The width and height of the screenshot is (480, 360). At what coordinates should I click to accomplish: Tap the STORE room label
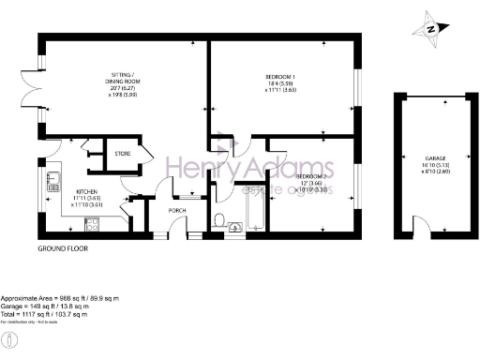click(122, 153)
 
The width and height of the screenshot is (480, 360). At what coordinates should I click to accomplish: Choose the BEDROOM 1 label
click(280, 76)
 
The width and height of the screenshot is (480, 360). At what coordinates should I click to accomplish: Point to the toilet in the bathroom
click(217, 221)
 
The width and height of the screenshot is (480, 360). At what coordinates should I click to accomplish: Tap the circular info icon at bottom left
click(9, 339)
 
